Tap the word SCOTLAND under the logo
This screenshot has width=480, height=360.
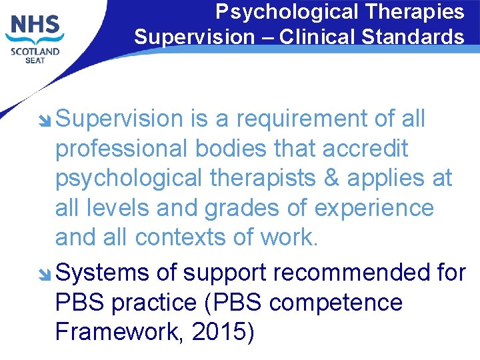(x=34, y=51)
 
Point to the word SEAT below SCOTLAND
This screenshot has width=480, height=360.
(x=34, y=61)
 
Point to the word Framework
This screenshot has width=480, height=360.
(x=117, y=332)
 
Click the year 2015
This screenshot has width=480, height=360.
(x=217, y=332)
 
